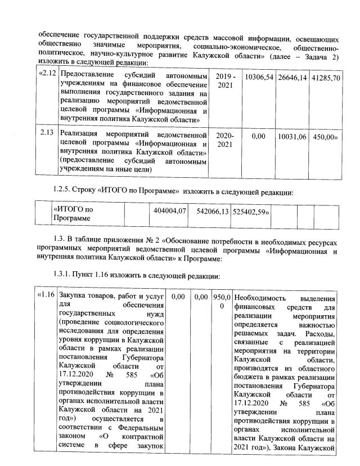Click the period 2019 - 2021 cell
[226, 80]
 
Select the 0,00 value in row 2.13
[258, 136]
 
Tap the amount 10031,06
[292, 136]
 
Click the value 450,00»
[326, 136]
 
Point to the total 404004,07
[169, 210]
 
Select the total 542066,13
[209, 210]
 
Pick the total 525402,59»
[251, 210]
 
